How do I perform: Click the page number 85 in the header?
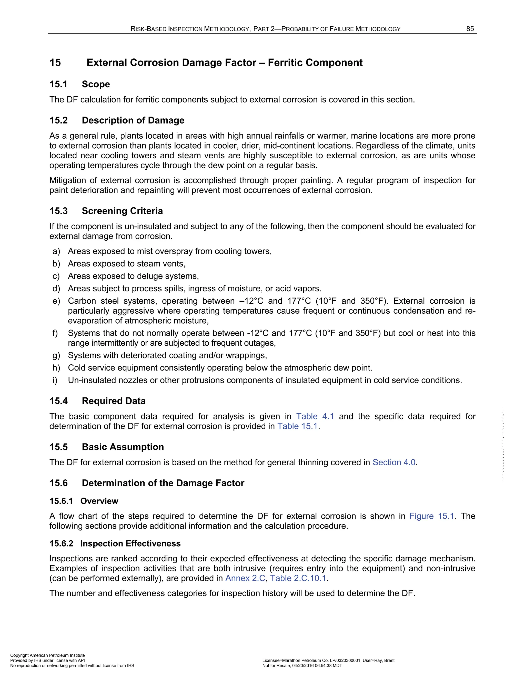pyautogui.click(x=470, y=29)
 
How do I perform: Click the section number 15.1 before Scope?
pyautogui.click(x=58, y=84)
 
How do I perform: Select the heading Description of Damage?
pyautogui.click(x=133, y=120)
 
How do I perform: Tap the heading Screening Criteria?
pyautogui.click(x=122, y=211)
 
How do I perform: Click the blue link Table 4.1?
pyautogui.click(x=315, y=416)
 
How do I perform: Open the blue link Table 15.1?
pyautogui.click(x=297, y=426)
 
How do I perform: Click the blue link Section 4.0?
pyautogui.click(x=394, y=462)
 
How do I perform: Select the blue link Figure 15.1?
pyautogui.click(x=432, y=516)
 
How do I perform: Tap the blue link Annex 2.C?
pyautogui.click(x=245, y=578)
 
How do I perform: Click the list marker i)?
pyautogui.click(x=55, y=380)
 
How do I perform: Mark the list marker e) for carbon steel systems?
pyautogui.click(x=56, y=301)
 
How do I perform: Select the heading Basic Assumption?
pyautogui.click(x=123, y=447)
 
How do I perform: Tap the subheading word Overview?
pyautogui.click(x=99, y=501)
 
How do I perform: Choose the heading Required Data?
pyautogui.click(x=114, y=401)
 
